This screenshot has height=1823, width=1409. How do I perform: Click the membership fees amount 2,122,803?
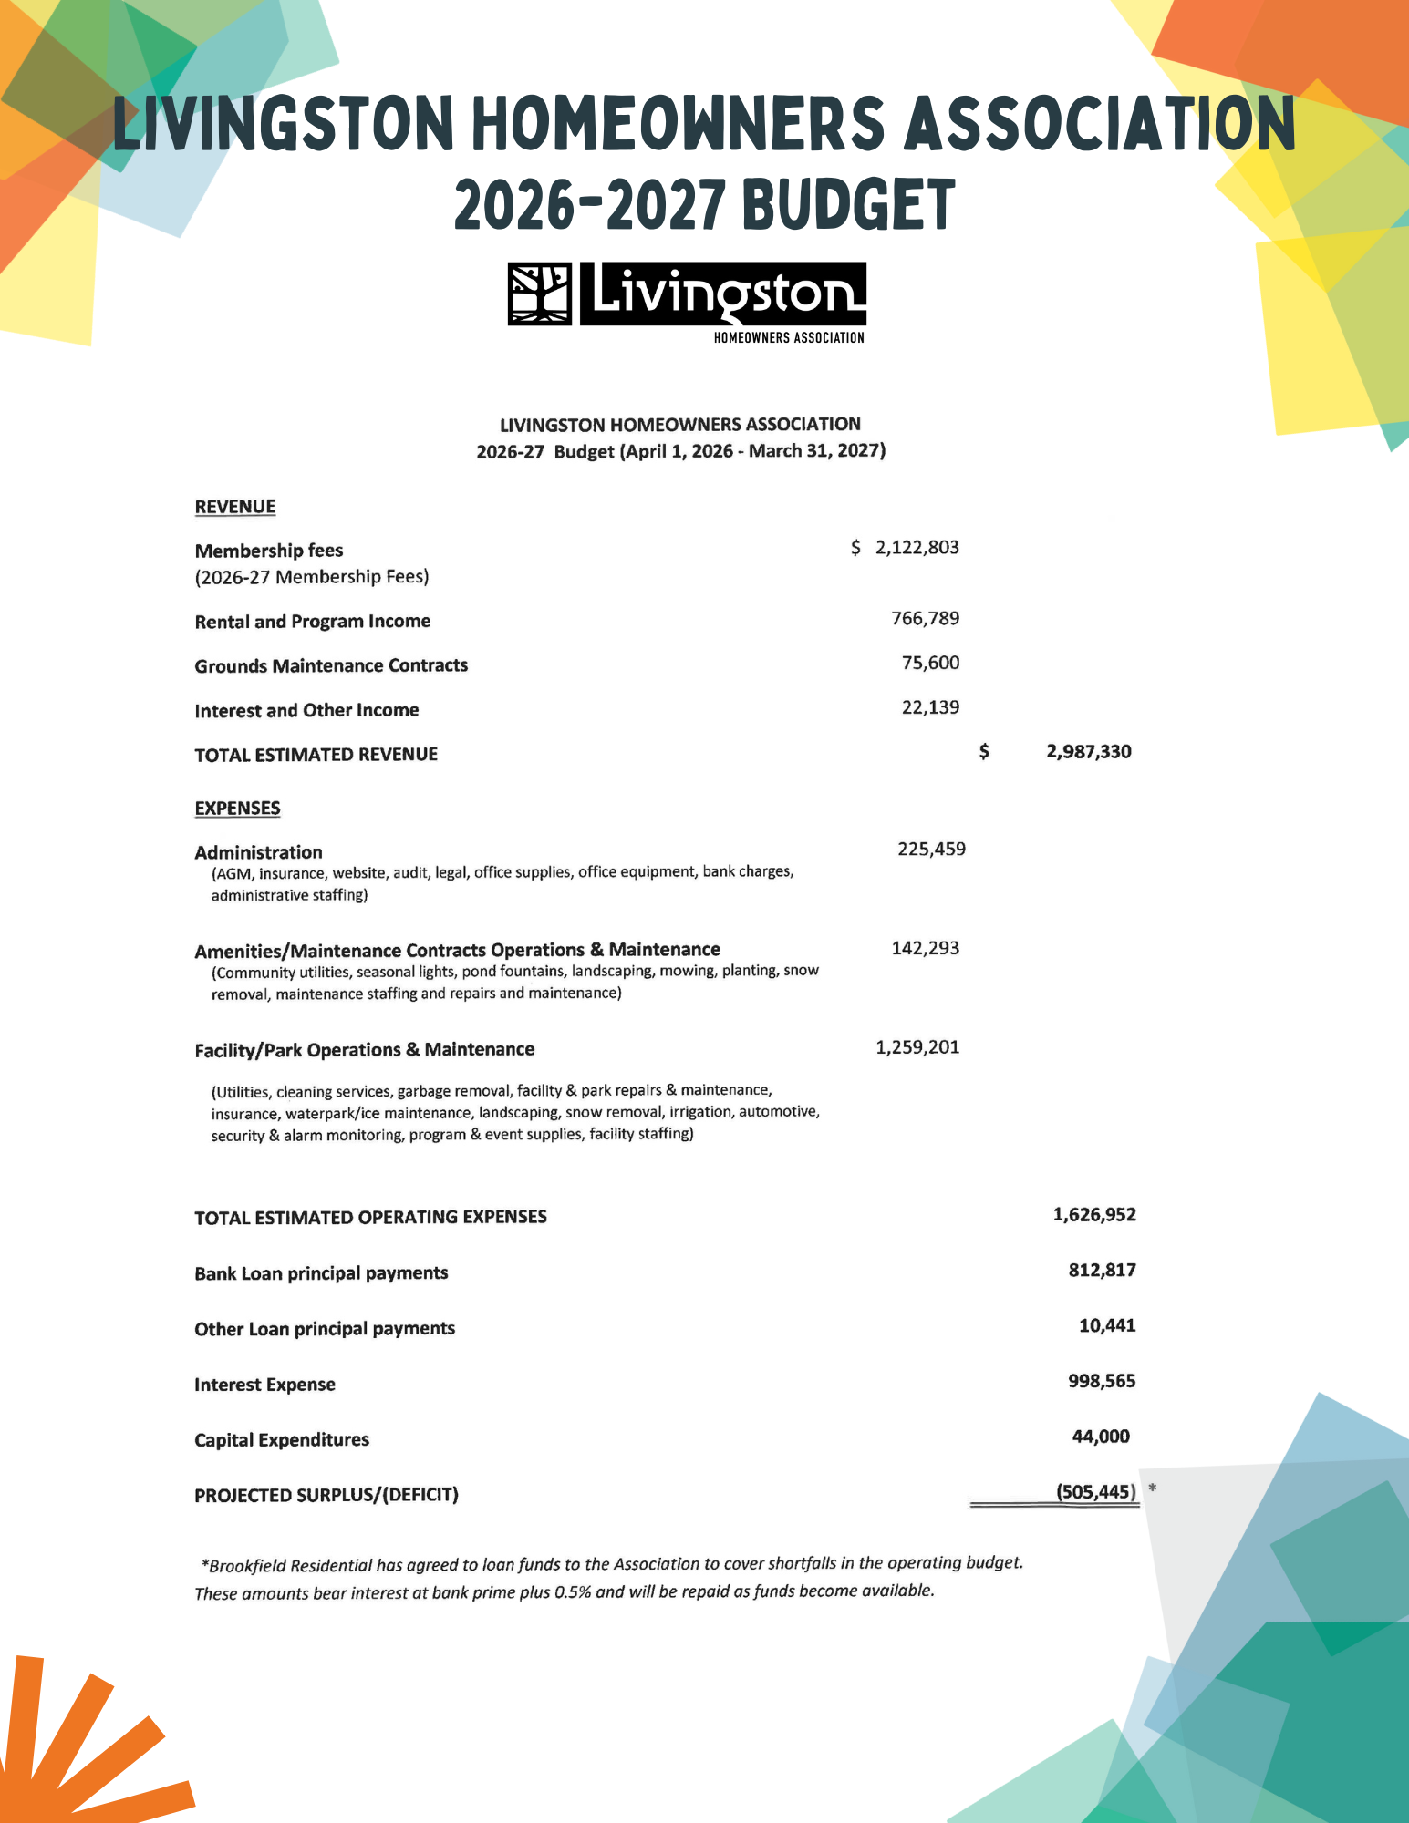point(917,548)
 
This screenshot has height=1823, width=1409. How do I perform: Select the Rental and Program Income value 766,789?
point(925,619)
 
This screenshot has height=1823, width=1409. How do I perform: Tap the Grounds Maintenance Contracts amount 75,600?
point(930,663)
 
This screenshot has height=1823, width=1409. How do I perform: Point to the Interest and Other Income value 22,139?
point(930,707)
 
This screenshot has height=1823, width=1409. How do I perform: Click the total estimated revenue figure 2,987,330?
point(1088,752)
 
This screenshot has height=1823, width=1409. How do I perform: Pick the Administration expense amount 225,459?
point(931,850)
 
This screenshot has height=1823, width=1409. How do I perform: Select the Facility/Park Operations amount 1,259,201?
point(917,1047)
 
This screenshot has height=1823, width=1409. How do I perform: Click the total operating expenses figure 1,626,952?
point(1094,1215)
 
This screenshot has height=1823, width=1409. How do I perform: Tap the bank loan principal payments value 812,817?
point(1102,1271)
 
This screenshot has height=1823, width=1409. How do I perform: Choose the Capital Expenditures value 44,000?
point(1101,1437)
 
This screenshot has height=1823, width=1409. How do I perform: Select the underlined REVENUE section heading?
point(235,507)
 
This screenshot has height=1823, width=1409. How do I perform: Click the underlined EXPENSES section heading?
point(237,809)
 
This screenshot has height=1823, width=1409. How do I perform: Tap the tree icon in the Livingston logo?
point(539,294)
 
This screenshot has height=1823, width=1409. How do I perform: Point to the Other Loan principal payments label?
point(325,1329)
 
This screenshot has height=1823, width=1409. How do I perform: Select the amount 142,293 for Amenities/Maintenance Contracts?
point(925,949)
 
